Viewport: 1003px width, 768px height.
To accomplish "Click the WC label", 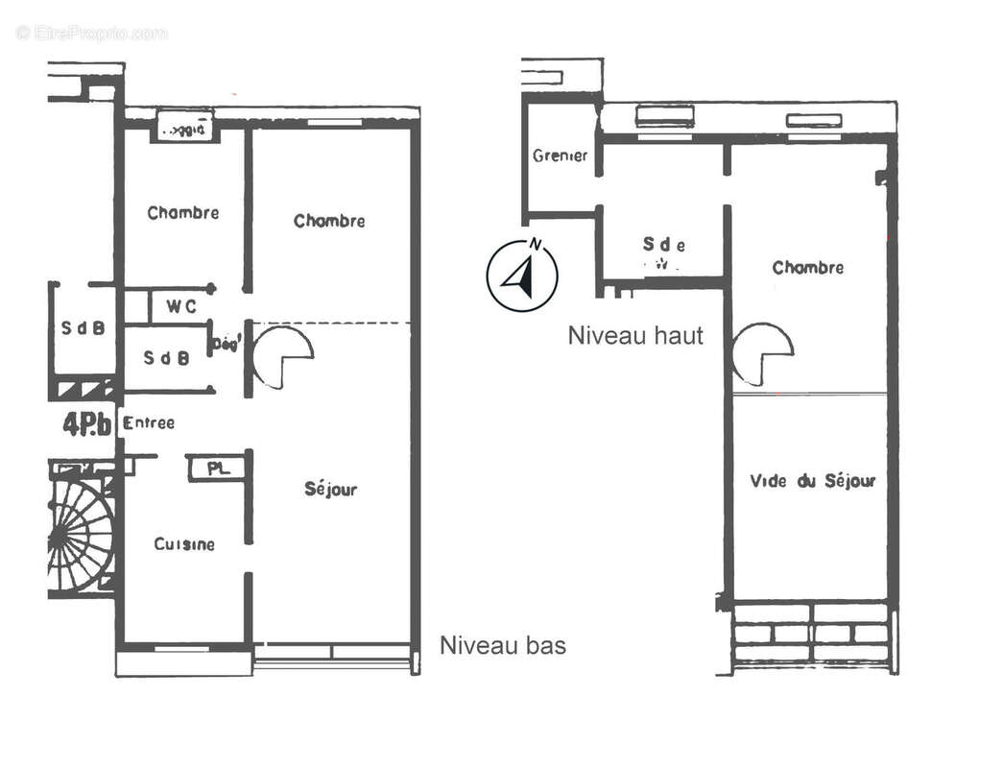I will pyautogui.click(x=181, y=307).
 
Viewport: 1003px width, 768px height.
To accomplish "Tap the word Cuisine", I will pyautogui.click(x=184, y=544).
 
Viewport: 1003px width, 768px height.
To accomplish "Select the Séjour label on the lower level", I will pyautogui.click(x=330, y=490).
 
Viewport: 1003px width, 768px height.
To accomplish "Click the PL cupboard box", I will pyautogui.click(x=216, y=468).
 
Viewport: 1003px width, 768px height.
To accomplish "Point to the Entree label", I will pyautogui.click(x=149, y=422).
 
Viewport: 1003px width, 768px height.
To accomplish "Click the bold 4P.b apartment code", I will pyautogui.click(x=87, y=424).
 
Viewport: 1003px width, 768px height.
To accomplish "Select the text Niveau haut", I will pyautogui.click(x=635, y=336).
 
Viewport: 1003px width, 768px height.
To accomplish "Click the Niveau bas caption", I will pyautogui.click(x=502, y=645).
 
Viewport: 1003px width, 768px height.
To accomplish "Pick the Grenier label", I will pyautogui.click(x=560, y=156).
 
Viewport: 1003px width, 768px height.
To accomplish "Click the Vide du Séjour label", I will pyautogui.click(x=812, y=481).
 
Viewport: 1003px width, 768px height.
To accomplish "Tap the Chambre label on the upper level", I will pyautogui.click(x=808, y=268).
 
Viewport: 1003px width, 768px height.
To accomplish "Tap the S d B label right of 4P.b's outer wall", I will pyautogui.click(x=167, y=357).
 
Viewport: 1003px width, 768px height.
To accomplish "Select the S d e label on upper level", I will pyautogui.click(x=664, y=246).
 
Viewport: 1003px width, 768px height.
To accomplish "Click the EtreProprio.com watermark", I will pyautogui.click(x=91, y=33).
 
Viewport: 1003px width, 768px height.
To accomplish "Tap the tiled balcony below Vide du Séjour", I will pyautogui.click(x=812, y=634).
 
